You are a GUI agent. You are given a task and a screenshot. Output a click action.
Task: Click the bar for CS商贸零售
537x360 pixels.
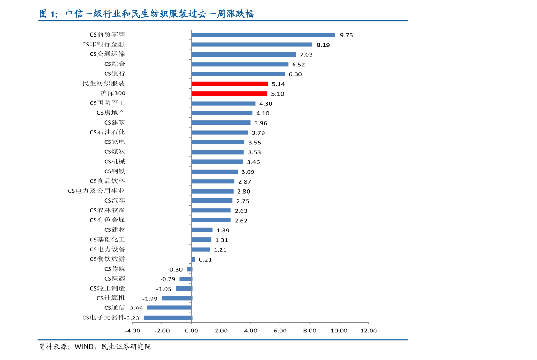263,35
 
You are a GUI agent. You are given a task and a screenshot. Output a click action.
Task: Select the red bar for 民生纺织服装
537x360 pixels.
229,84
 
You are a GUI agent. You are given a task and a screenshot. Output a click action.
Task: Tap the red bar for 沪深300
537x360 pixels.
229,93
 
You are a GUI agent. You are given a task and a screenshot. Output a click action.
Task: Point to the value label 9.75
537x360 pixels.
346,35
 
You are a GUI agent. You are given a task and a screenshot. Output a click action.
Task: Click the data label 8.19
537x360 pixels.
323,45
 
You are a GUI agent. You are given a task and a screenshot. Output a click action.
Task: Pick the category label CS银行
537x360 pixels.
115,74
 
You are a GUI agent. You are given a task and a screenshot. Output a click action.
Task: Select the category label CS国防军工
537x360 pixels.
107,103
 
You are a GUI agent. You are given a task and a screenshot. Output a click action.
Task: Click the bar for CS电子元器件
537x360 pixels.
168,318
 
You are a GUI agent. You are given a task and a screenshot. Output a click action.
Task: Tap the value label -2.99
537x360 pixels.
135,308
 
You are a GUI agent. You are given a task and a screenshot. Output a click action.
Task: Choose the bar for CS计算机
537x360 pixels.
177,298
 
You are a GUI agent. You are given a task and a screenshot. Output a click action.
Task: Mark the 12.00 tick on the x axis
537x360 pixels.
368,331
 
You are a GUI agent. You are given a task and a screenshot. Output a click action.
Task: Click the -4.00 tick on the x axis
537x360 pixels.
133,331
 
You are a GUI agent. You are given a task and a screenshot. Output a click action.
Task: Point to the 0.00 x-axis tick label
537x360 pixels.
192,331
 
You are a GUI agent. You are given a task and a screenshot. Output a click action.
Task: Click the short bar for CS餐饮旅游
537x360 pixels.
193,259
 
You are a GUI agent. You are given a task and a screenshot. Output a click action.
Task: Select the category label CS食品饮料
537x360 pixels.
107,181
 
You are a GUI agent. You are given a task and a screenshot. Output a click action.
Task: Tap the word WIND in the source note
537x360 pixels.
83,347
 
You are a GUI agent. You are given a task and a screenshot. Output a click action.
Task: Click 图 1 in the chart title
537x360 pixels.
48,14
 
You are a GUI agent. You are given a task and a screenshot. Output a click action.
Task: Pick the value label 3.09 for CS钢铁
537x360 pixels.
248,172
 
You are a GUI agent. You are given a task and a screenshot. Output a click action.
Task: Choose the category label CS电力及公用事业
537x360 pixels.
96,191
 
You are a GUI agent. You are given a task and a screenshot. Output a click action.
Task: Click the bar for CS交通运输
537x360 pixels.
243,54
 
